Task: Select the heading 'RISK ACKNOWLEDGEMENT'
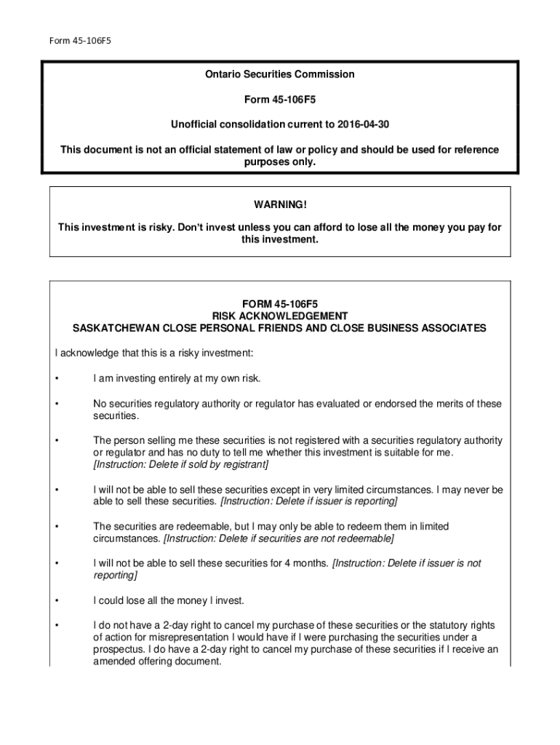click(280, 316)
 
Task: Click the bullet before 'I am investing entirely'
click(57, 378)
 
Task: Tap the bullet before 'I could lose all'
click(57, 601)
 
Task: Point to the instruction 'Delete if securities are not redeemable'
click(279, 538)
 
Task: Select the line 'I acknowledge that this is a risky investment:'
click(154, 353)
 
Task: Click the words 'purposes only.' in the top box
click(280, 162)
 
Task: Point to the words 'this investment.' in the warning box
click(280, 240)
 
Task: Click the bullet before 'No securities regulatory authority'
click(57, 404)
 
